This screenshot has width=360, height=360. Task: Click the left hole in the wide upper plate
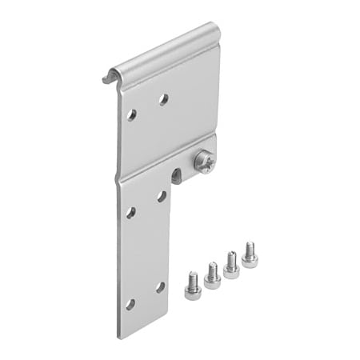pos(131,114)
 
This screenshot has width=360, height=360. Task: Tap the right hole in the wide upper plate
pos(163,99)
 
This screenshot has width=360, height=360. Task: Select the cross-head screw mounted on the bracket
pos(205,163)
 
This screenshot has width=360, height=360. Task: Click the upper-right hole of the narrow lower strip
pos(162,196)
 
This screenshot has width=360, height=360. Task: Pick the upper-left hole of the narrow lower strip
pos(130,212)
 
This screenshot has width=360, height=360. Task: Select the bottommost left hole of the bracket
pos(130,304)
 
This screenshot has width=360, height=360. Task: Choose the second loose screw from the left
pos(212,274)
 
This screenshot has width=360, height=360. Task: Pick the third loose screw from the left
pos(231,265)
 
